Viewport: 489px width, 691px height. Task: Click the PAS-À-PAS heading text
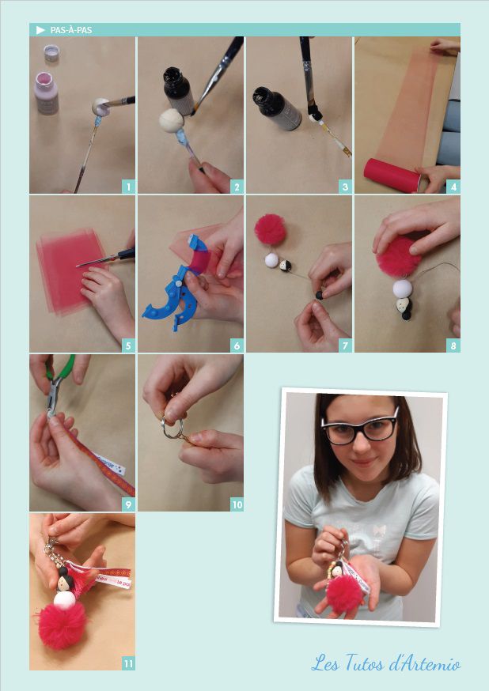click(x=71, y=30)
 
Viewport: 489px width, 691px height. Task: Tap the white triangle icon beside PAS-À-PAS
click(x=40, y=30)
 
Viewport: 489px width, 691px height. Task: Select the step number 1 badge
click(x=128, y=187)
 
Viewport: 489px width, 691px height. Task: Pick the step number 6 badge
click(x=237, y=345)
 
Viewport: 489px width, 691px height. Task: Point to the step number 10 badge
click(x=237, y=504)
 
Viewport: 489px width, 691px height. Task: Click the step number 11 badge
click(x=128, y=663)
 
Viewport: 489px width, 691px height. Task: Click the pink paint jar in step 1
click(x=47, y=93)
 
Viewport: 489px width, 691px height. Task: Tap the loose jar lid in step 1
click(x=51, y=53)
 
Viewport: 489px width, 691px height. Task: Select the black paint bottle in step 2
click(x=179, y=90)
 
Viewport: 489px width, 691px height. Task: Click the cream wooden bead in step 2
click(x=171, y=120)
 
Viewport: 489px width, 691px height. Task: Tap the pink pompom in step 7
click(x=270, y=228)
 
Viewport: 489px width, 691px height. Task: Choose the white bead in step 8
click(x=403, y=289)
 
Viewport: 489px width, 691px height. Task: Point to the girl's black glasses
click(x=360, y=428)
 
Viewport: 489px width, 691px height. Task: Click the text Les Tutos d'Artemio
click(x=386, y=663)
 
